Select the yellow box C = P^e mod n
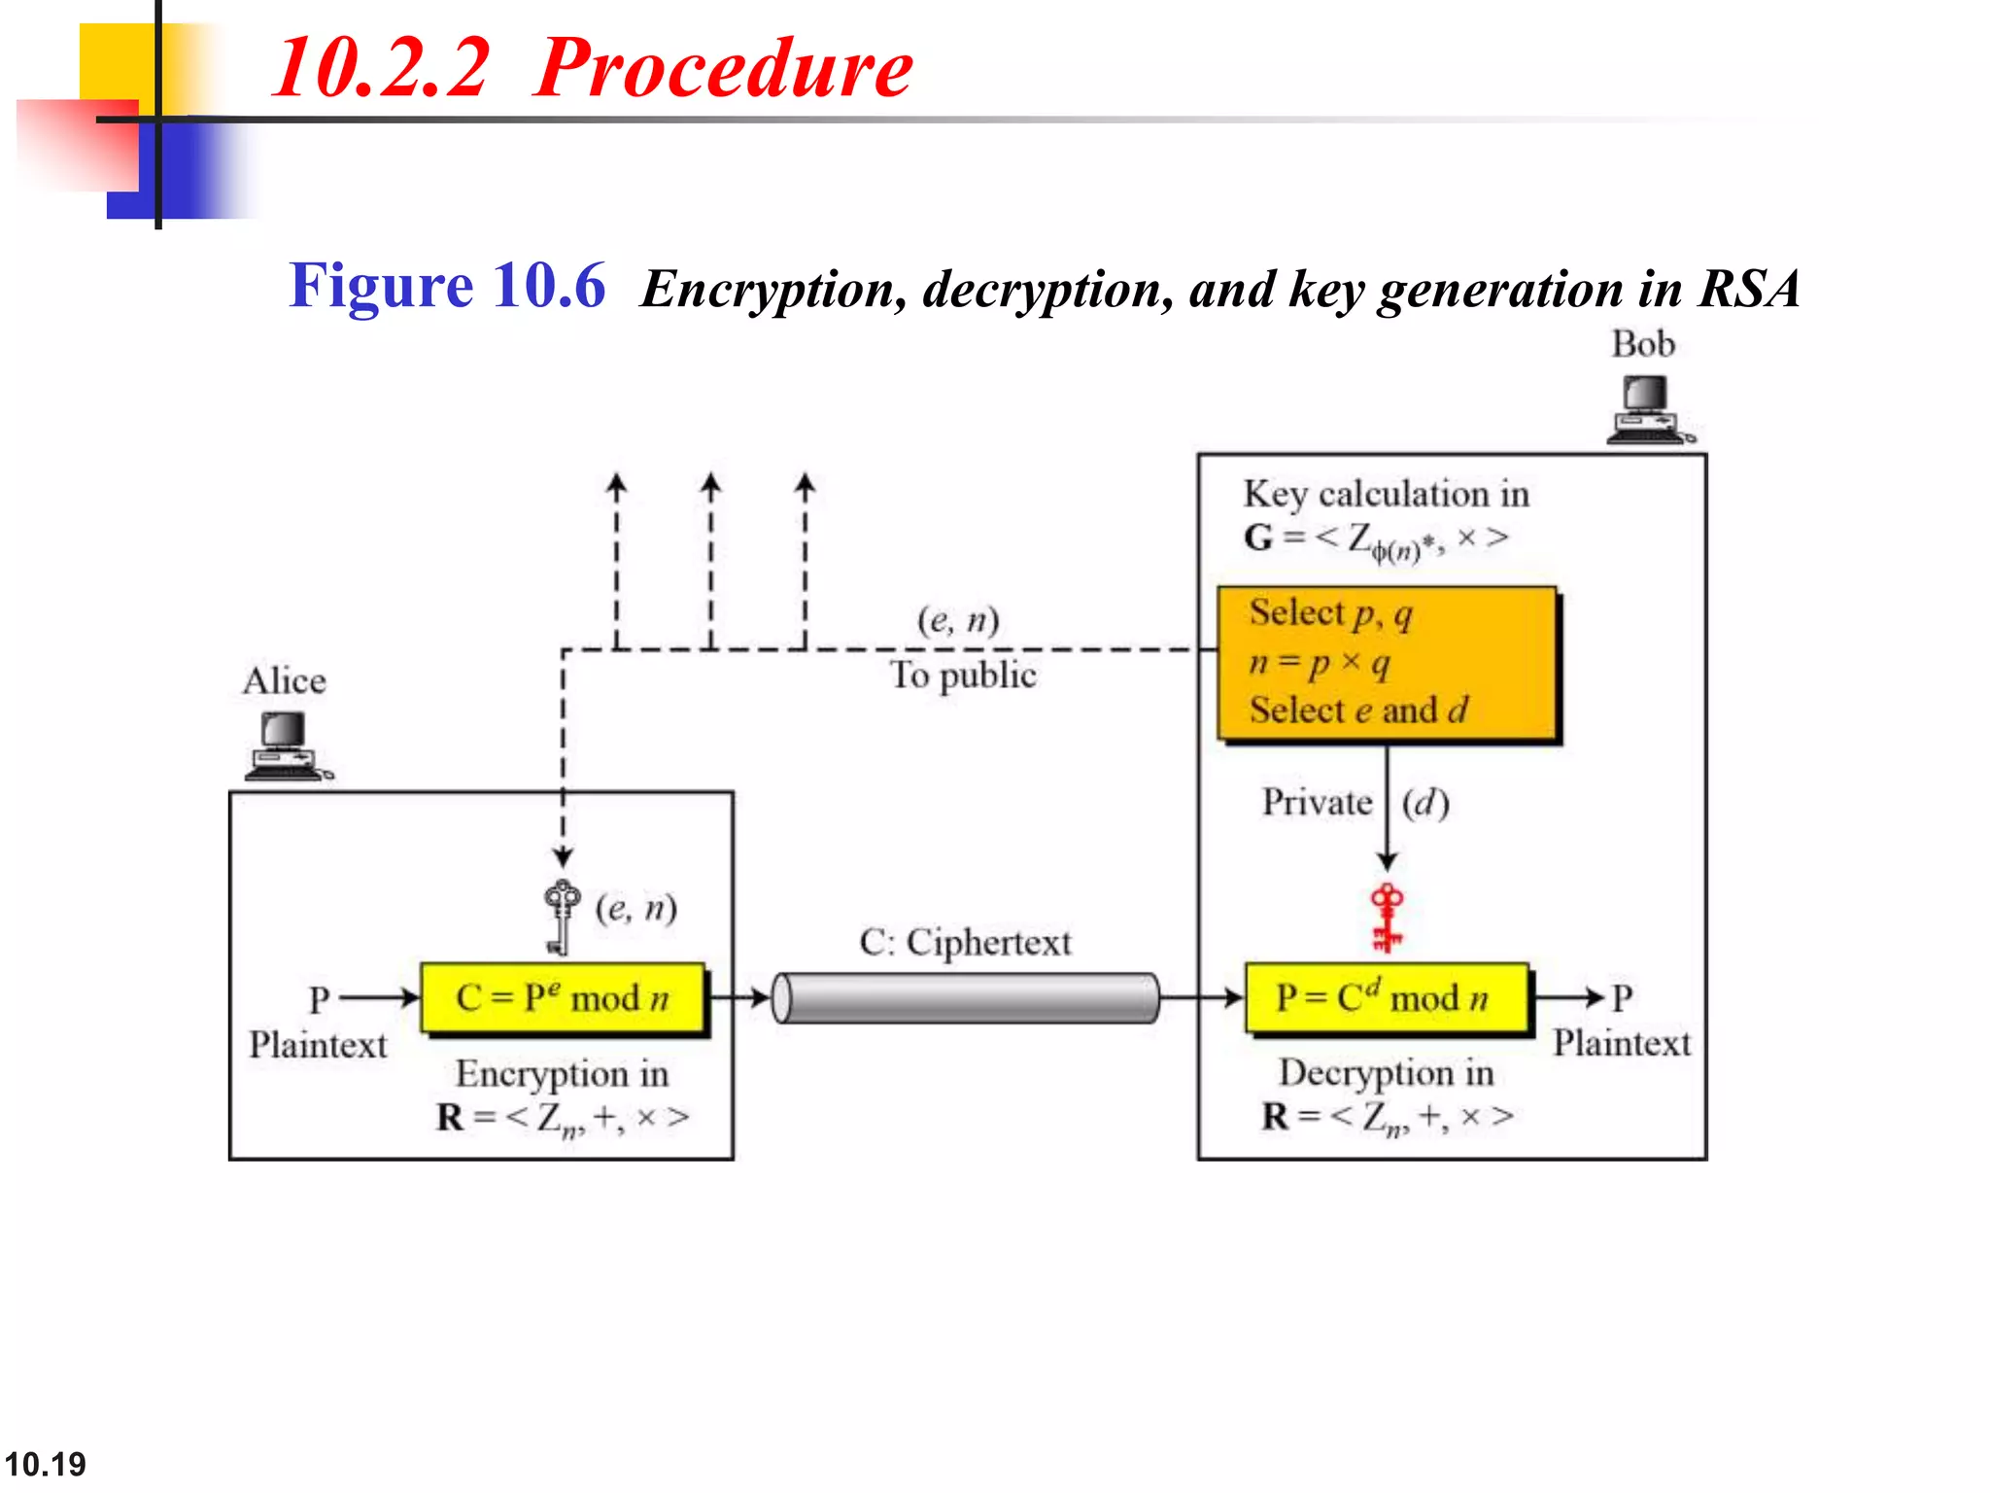(563, 998)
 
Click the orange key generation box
(1387, 664)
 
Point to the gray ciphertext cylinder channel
(966, 998)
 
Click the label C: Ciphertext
(965, 942)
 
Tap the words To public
(963, 675)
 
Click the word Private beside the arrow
(1317, 803)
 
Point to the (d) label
(1425, 803)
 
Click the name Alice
(284, 680)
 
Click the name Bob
(1643, 344)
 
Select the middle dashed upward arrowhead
(711, 484)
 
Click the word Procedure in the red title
(723, 68)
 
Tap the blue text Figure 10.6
(447, 286)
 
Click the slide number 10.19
(45, 1464)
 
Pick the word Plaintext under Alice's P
(318, 1045)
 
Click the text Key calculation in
(1386, 494)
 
